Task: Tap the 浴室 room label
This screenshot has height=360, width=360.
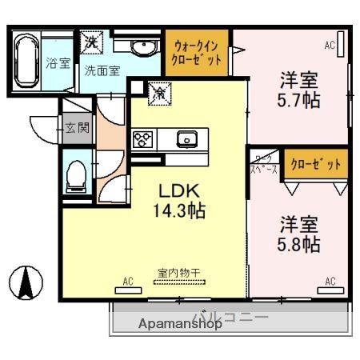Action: point(57,63)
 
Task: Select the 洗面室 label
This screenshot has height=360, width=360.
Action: point(102,70)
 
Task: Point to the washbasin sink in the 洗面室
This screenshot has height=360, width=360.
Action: point(145,46)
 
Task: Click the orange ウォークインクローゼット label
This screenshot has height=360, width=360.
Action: point(197,52)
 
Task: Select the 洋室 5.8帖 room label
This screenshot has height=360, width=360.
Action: point(299,233)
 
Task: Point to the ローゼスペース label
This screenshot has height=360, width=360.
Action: point(264,164)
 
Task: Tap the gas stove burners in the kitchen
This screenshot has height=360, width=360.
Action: point(143,139)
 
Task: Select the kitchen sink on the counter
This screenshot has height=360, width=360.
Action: point(187,139)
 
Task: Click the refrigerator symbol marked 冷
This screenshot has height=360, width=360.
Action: point(158,93)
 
